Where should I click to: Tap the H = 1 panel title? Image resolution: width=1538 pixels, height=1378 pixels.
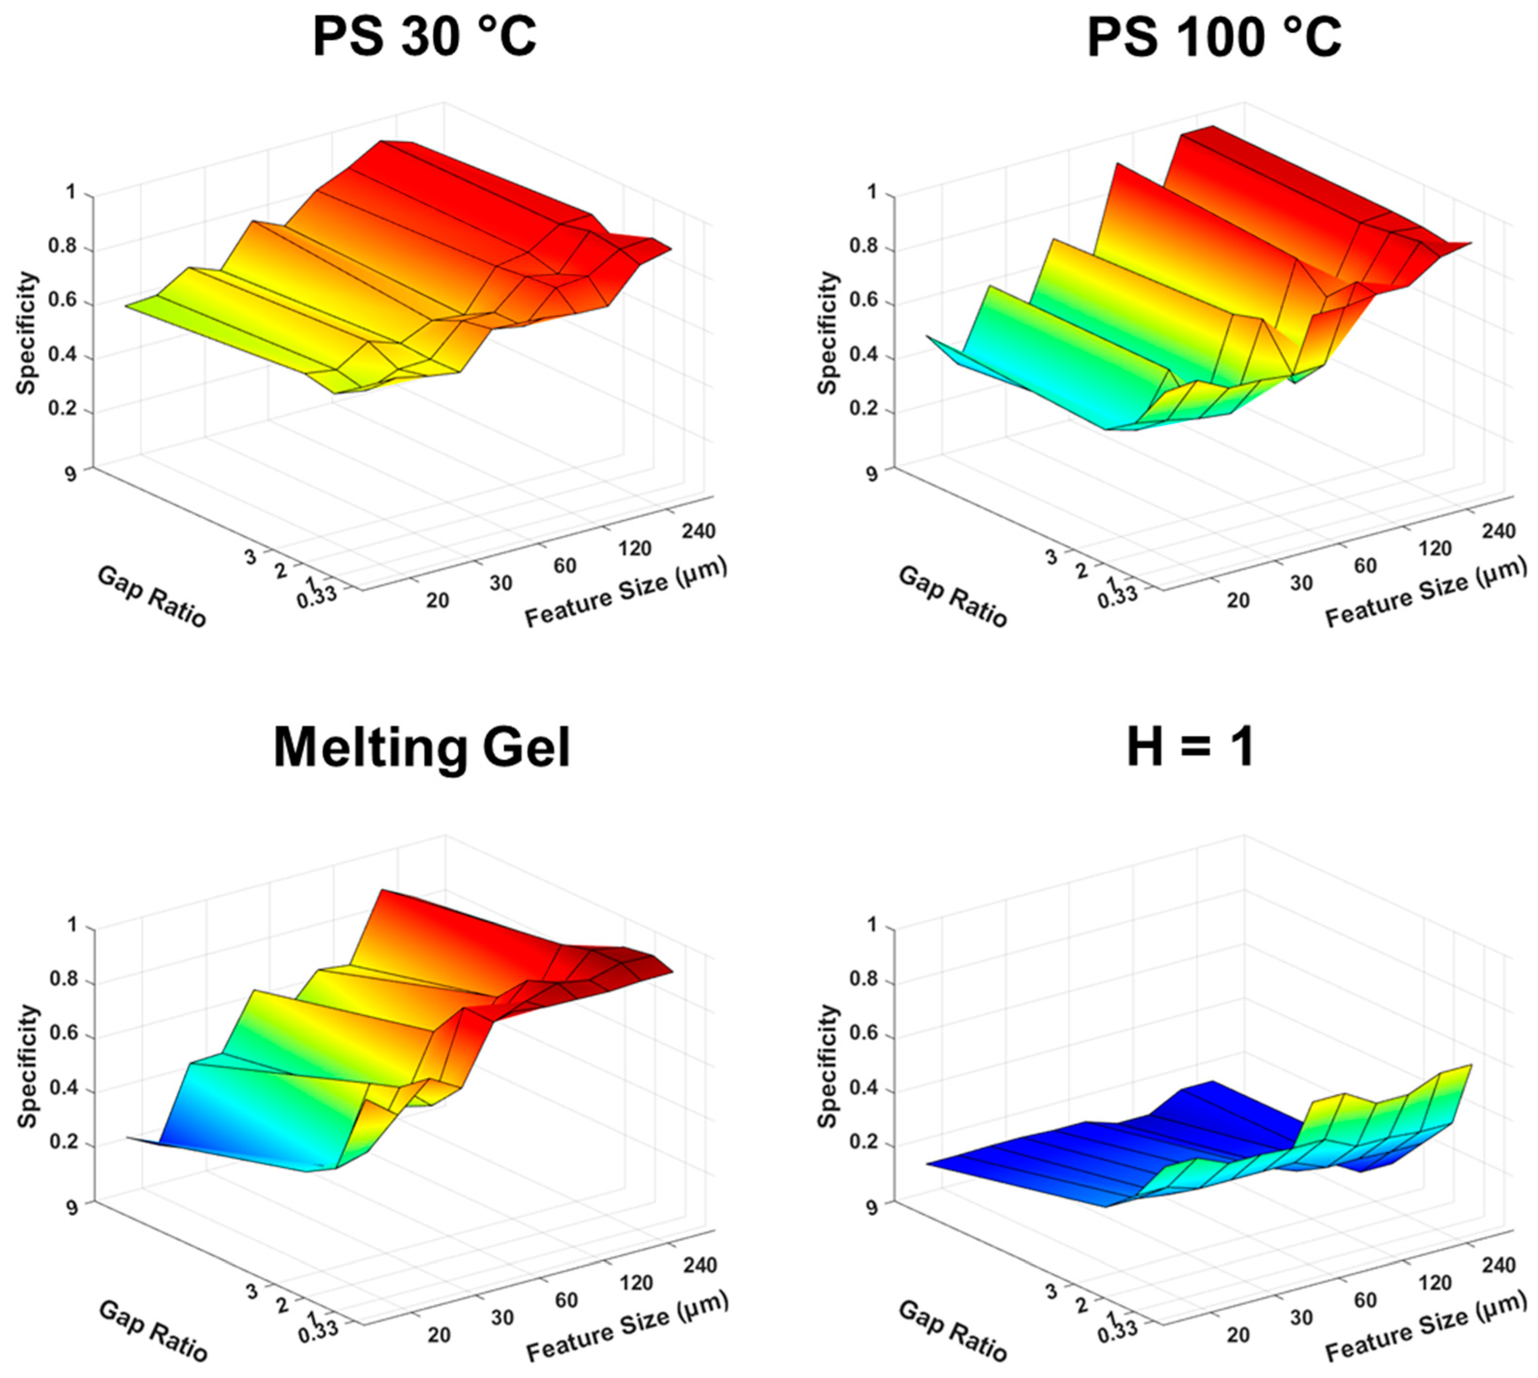click(1191, 747)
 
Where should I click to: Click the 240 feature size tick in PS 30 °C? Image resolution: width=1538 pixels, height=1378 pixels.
click(698, 532)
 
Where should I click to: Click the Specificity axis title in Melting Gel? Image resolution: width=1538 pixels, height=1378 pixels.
click(27, 1066)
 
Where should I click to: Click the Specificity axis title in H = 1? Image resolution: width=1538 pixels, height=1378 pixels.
click(829, 1066)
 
